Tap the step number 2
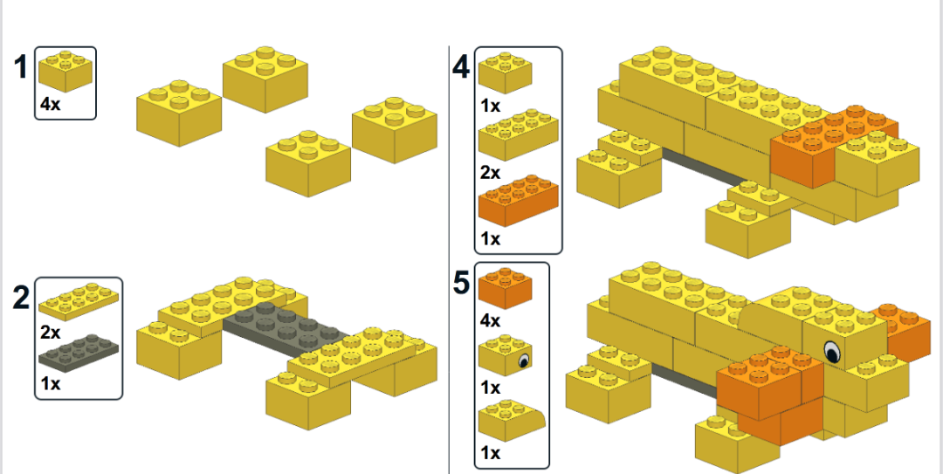[22, 298]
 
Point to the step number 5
[462, 283]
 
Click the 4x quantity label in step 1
[51, 104]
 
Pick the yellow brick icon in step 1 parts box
[65, 70]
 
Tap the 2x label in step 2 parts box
[50, 332]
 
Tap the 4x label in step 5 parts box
[490, 320]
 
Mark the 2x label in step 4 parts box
[490, 173]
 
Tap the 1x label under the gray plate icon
[50, 383]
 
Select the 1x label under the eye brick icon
[490, 387]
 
